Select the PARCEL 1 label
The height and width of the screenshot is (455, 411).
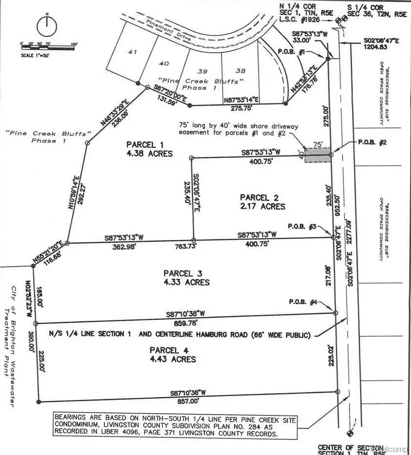point(143,144)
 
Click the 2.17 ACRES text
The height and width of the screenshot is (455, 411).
point(262,206)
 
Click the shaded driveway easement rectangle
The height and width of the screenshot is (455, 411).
point(317,155)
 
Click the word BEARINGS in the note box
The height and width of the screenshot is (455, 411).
point(74,418)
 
